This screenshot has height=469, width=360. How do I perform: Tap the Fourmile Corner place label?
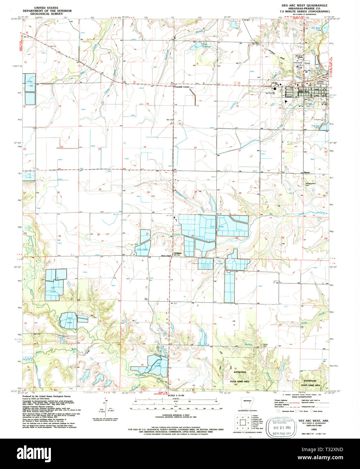(182, 87)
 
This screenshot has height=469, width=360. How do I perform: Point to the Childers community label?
(177, 253)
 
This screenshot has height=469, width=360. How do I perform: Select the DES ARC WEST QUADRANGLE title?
(304, 6)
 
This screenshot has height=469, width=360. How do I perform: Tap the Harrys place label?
(306, 172)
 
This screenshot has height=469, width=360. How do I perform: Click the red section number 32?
(192, 236)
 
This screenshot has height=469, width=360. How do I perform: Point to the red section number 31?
(147, 233)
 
